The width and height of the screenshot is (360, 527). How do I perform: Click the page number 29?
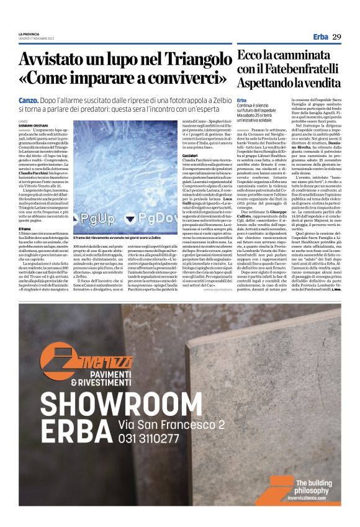(337, 37)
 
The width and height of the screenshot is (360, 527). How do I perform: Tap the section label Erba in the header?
(320, 37)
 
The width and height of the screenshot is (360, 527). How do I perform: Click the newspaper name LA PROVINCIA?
(29, 33)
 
